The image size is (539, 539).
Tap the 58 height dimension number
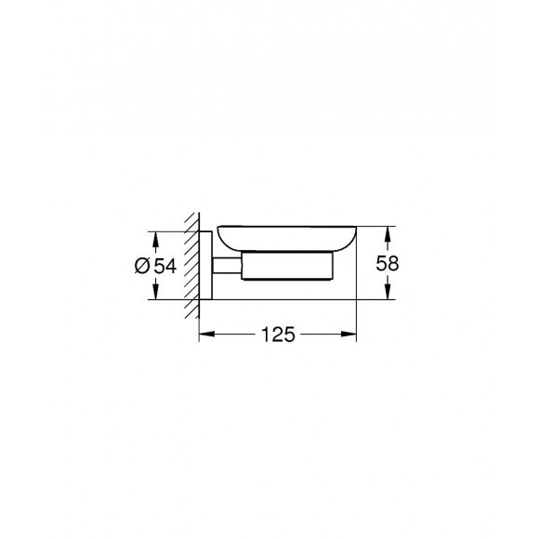[388, 264]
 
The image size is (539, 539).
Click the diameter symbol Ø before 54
[142, 266]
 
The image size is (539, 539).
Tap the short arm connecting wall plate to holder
[224, 266]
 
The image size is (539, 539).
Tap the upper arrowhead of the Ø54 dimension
[154, 235]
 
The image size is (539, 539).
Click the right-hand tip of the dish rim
[355, 229]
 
